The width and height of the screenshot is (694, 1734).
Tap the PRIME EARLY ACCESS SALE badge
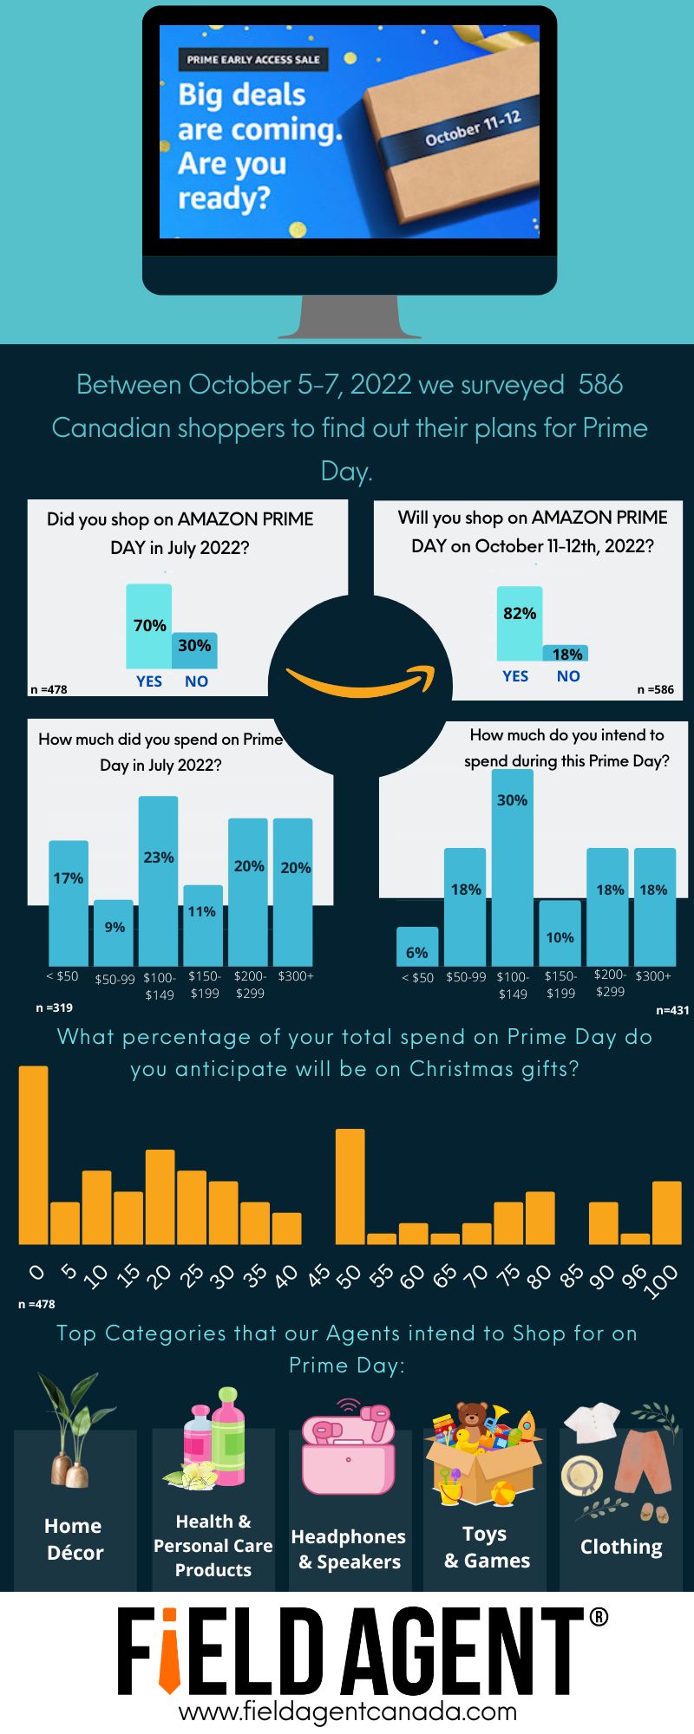point(253,60)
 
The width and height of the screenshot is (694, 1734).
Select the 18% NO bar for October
point(566,653)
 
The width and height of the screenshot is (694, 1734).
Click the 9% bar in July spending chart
point(114,933)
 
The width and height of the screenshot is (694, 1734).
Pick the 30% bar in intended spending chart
point(512,867)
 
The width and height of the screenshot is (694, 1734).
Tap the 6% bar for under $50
point(416,947)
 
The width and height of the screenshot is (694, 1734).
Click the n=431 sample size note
point(672,1010)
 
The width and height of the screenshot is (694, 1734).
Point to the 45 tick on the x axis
point(318,1275)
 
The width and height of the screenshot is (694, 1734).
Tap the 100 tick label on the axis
point(663,1281)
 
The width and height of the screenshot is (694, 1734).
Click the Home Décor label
point(74,1539)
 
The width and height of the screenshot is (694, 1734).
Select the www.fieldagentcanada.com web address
point(347,1711)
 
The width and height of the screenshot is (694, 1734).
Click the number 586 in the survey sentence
point(600,384)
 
